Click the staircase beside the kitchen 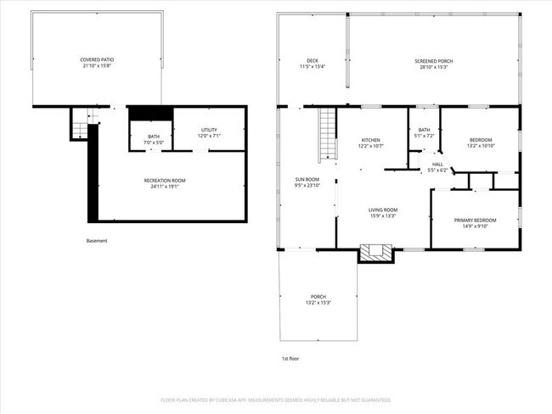[x=329, y=135]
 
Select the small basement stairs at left [x=79, y=129]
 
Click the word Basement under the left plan [x=97, y=241]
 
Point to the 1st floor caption [x=290, y=359]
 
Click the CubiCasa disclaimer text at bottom [x=275, y=400]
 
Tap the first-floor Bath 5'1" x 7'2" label [x=423, y=133]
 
